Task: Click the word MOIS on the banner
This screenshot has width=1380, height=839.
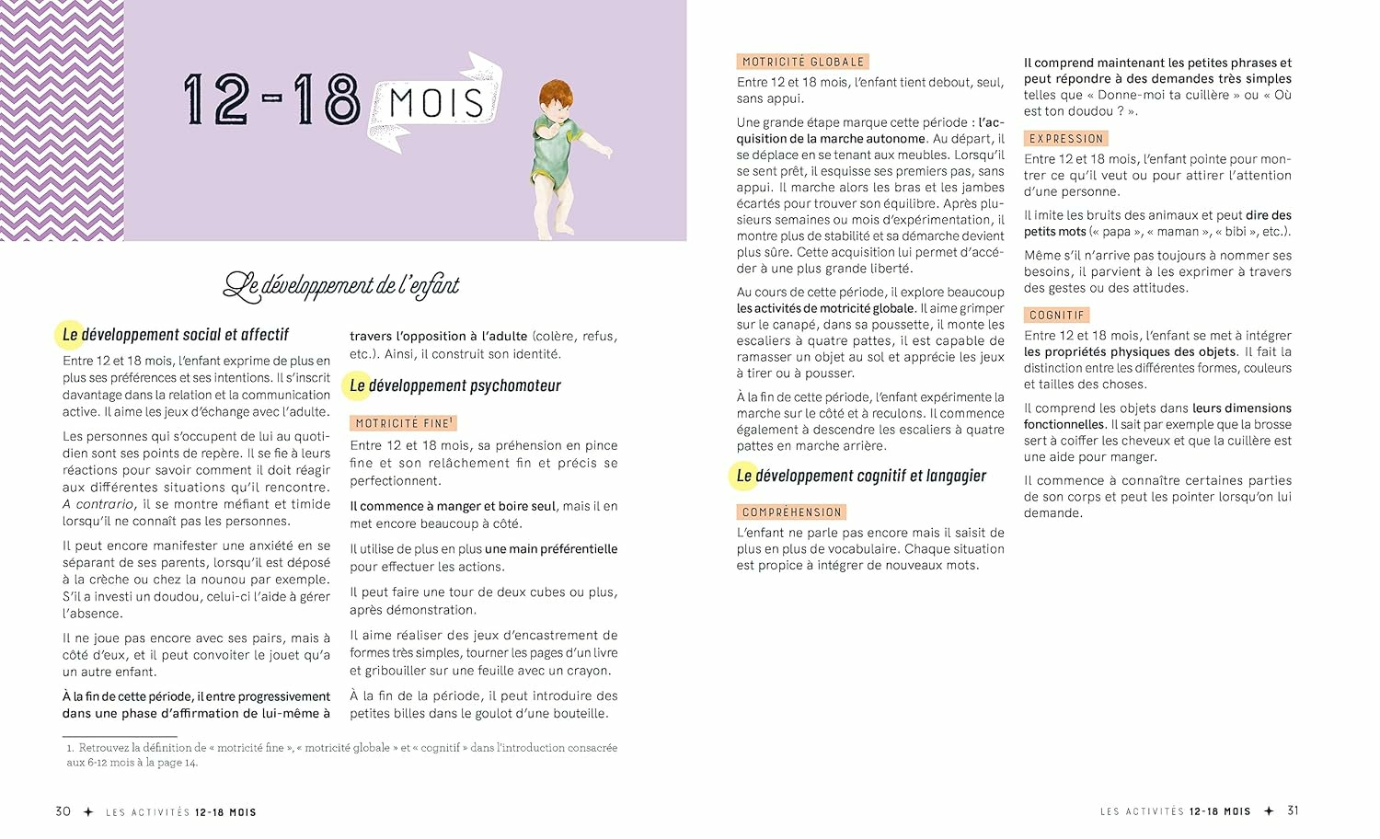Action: coord(436,102)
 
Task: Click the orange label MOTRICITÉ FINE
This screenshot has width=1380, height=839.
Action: coord(402,423)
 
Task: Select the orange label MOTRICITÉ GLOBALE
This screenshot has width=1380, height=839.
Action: coord(802,62)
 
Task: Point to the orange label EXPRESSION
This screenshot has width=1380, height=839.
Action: coord(1065,139)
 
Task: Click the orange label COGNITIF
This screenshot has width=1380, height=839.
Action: coord(1056,316)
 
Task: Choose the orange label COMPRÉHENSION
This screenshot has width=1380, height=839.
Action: coord(791,512)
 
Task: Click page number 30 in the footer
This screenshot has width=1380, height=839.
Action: coord(63,811)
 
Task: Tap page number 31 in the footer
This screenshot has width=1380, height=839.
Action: coord(1293,810)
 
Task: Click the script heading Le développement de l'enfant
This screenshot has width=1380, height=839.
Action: coord(341,286)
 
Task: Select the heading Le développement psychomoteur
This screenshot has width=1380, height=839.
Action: coord(454,386)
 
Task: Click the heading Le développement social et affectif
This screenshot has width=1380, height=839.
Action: coord(175,335)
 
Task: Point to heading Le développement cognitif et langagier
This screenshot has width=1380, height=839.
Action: coord(860,477)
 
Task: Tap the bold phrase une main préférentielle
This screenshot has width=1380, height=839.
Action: coord(551,549)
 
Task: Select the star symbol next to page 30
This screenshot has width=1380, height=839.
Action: coord(88,812)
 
